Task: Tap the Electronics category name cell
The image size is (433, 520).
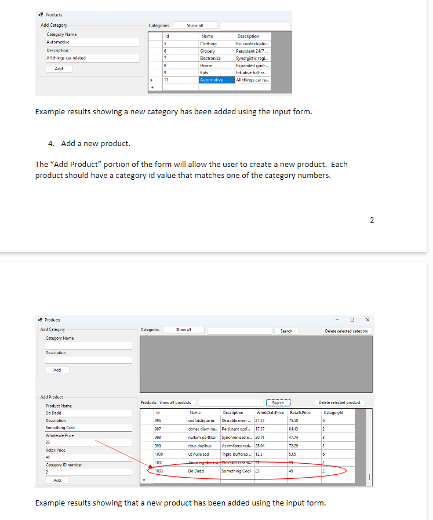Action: (210, 58)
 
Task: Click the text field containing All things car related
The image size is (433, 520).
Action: (92, 58)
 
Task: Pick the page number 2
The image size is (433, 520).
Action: (372, 220)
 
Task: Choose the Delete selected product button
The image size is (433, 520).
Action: (341, 402)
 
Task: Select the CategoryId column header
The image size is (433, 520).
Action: (333, 412)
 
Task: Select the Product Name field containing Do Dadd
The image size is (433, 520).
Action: (88, 413)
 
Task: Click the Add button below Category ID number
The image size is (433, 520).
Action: (57, 480)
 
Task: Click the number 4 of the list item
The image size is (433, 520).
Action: (51, 143)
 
